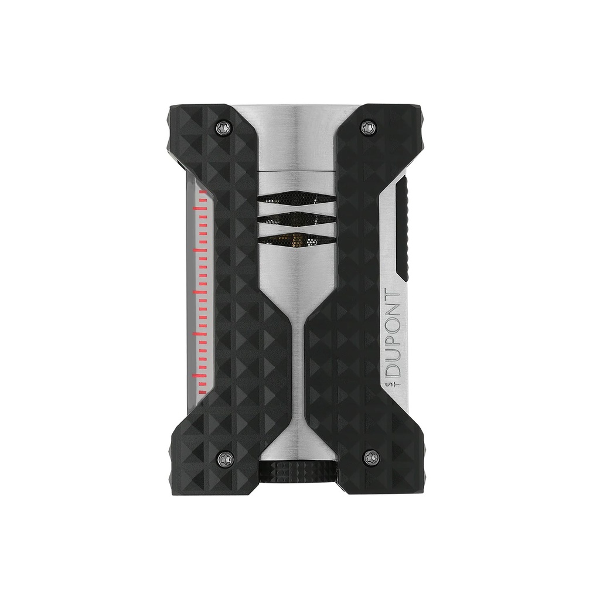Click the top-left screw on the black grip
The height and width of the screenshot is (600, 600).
(x=224, y=125)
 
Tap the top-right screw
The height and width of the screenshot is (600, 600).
(x=369, y=125)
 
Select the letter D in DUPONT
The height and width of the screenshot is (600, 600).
(x=393, y=367)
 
